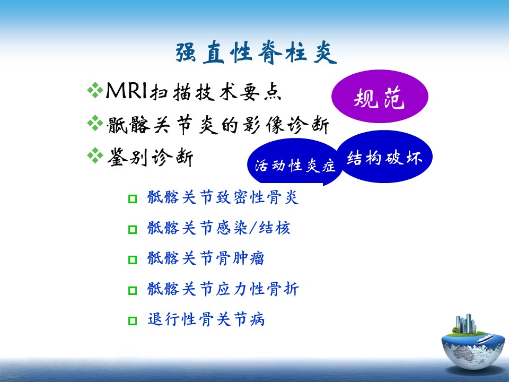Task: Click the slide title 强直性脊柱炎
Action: click(x=256, y=52)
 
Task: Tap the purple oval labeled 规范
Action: click(x=380, y=96)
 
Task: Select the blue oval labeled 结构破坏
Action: click(x=385, y=157)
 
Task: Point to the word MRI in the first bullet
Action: click(x=127, y=90)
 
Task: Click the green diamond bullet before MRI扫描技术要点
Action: click(x=95, y=90)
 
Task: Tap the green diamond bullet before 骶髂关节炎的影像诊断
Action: click(x=95, y=123)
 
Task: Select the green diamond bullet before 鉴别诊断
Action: click(x=95, y=155)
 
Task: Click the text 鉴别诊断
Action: click(x=150, y=157)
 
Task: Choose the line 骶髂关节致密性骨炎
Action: click(x=223, y=197)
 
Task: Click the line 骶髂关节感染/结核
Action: click(x=218, y=228)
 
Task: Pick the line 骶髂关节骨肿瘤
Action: click(x=206, y=258)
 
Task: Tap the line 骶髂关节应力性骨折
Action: click(x=223, y=289)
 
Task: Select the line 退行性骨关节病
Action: click(x=206, y=319)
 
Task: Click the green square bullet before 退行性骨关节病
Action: click(x=133, y=321)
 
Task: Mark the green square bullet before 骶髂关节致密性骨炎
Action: click(x=133, y=199)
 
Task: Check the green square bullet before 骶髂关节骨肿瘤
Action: click(x=133, y=260)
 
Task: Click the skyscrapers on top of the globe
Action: click(x=466, y=324)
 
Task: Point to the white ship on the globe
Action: click(x=485, y=338)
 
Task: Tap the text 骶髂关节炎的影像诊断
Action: click(x=218, y=125)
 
